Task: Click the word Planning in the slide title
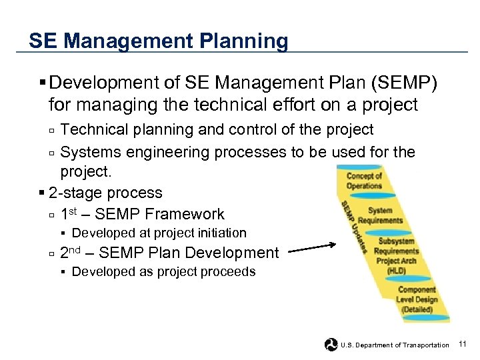point(243,41)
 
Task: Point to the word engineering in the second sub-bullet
point(170,152)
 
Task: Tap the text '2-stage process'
point(105,193)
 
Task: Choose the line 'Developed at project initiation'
point(159,233)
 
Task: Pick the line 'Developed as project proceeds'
point(163,271)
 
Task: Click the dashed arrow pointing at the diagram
point(313,249)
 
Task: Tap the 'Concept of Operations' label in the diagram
point(364,181)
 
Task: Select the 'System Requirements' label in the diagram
point(380,215)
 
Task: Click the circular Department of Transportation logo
point(331,344)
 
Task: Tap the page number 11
point(464,344)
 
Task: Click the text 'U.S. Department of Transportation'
point(395,345)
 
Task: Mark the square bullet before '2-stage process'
point(42,193)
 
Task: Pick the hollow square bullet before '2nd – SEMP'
point(51,254)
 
